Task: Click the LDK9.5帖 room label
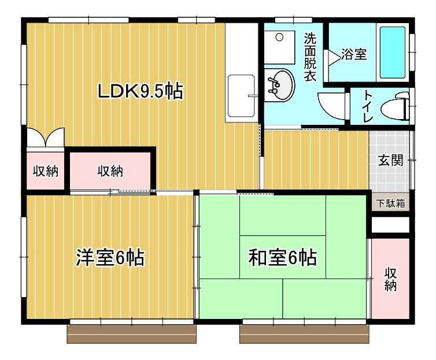point(141,91)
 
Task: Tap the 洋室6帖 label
point(110,258)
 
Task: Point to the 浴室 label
point(353,55)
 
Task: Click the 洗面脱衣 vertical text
point(310,57)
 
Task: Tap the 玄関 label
point(390,161)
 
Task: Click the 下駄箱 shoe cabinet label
point(391,203)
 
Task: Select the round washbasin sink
point(281,86)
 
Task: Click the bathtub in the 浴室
point(391,53)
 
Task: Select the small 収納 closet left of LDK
point(45,171)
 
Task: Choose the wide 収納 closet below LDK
point(110,171)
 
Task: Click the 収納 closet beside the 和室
point(391,279)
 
